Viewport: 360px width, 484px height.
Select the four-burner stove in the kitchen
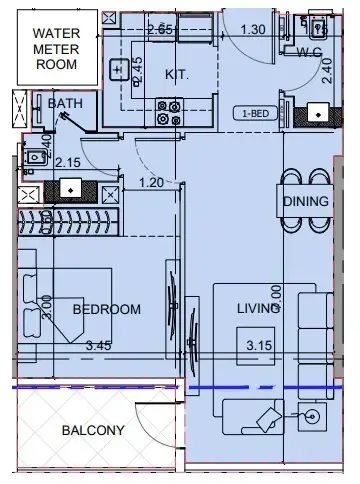(168, 113)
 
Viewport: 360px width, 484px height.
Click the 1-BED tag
(252, 114)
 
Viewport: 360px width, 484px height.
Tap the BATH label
(65, 102)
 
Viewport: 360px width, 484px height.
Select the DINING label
(304, 201)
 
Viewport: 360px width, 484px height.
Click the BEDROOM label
(106, 309)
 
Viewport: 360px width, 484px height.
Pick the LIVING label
(257, 309)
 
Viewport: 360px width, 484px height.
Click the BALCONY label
(92, 431)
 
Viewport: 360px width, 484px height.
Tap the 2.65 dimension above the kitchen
(160, 29)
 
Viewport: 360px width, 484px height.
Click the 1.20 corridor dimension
(150, 182)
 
